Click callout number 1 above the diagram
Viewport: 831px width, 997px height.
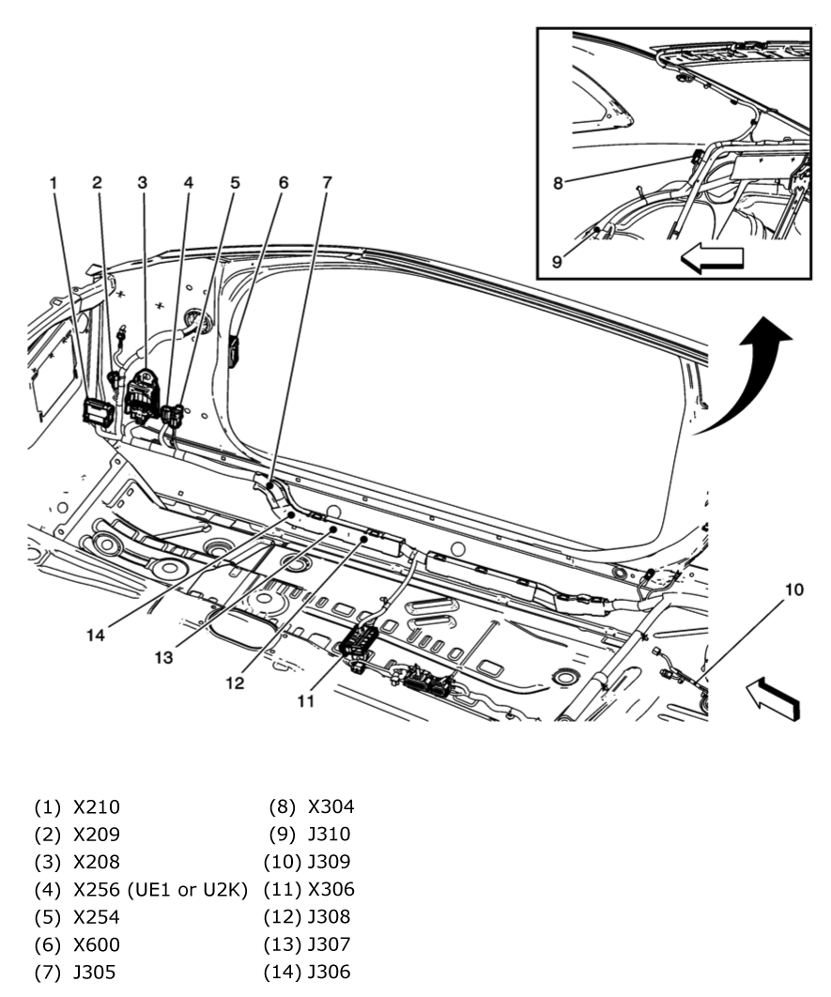tap(54, 183)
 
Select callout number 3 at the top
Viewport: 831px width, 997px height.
tap(143, 183)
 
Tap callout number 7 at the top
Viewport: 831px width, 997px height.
tap(327, 183)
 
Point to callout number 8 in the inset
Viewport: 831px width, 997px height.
tap(558, 184)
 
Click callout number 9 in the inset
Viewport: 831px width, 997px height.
tap(558, 262)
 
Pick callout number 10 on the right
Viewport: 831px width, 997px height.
tap(794, 591)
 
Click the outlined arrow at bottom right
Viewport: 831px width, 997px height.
tap(773, 699)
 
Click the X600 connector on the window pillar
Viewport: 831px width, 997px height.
tap(236, 350)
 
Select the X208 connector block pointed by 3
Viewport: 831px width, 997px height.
tap(144, 395)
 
